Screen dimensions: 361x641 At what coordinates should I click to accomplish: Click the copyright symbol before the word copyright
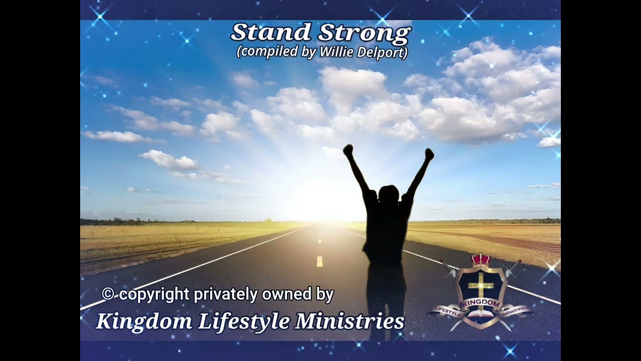[108, 294]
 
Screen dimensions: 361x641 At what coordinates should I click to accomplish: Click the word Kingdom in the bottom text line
[144, 321]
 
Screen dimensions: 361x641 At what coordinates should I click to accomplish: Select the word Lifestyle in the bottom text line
[244, 321]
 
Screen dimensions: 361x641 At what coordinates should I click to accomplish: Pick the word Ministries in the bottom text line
[350, 321]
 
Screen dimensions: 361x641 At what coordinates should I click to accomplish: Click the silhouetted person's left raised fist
[348, 150]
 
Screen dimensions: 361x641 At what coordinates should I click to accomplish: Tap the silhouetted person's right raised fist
[429, 154]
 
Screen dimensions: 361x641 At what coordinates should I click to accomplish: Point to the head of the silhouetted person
[389, 194]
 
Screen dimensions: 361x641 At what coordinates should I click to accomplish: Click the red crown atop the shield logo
[480, 260]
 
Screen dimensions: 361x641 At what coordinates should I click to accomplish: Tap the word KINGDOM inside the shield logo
[480, 304]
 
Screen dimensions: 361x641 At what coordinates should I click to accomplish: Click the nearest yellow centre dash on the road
[319, 261]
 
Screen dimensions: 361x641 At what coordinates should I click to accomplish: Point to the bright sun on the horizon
[320, 201]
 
